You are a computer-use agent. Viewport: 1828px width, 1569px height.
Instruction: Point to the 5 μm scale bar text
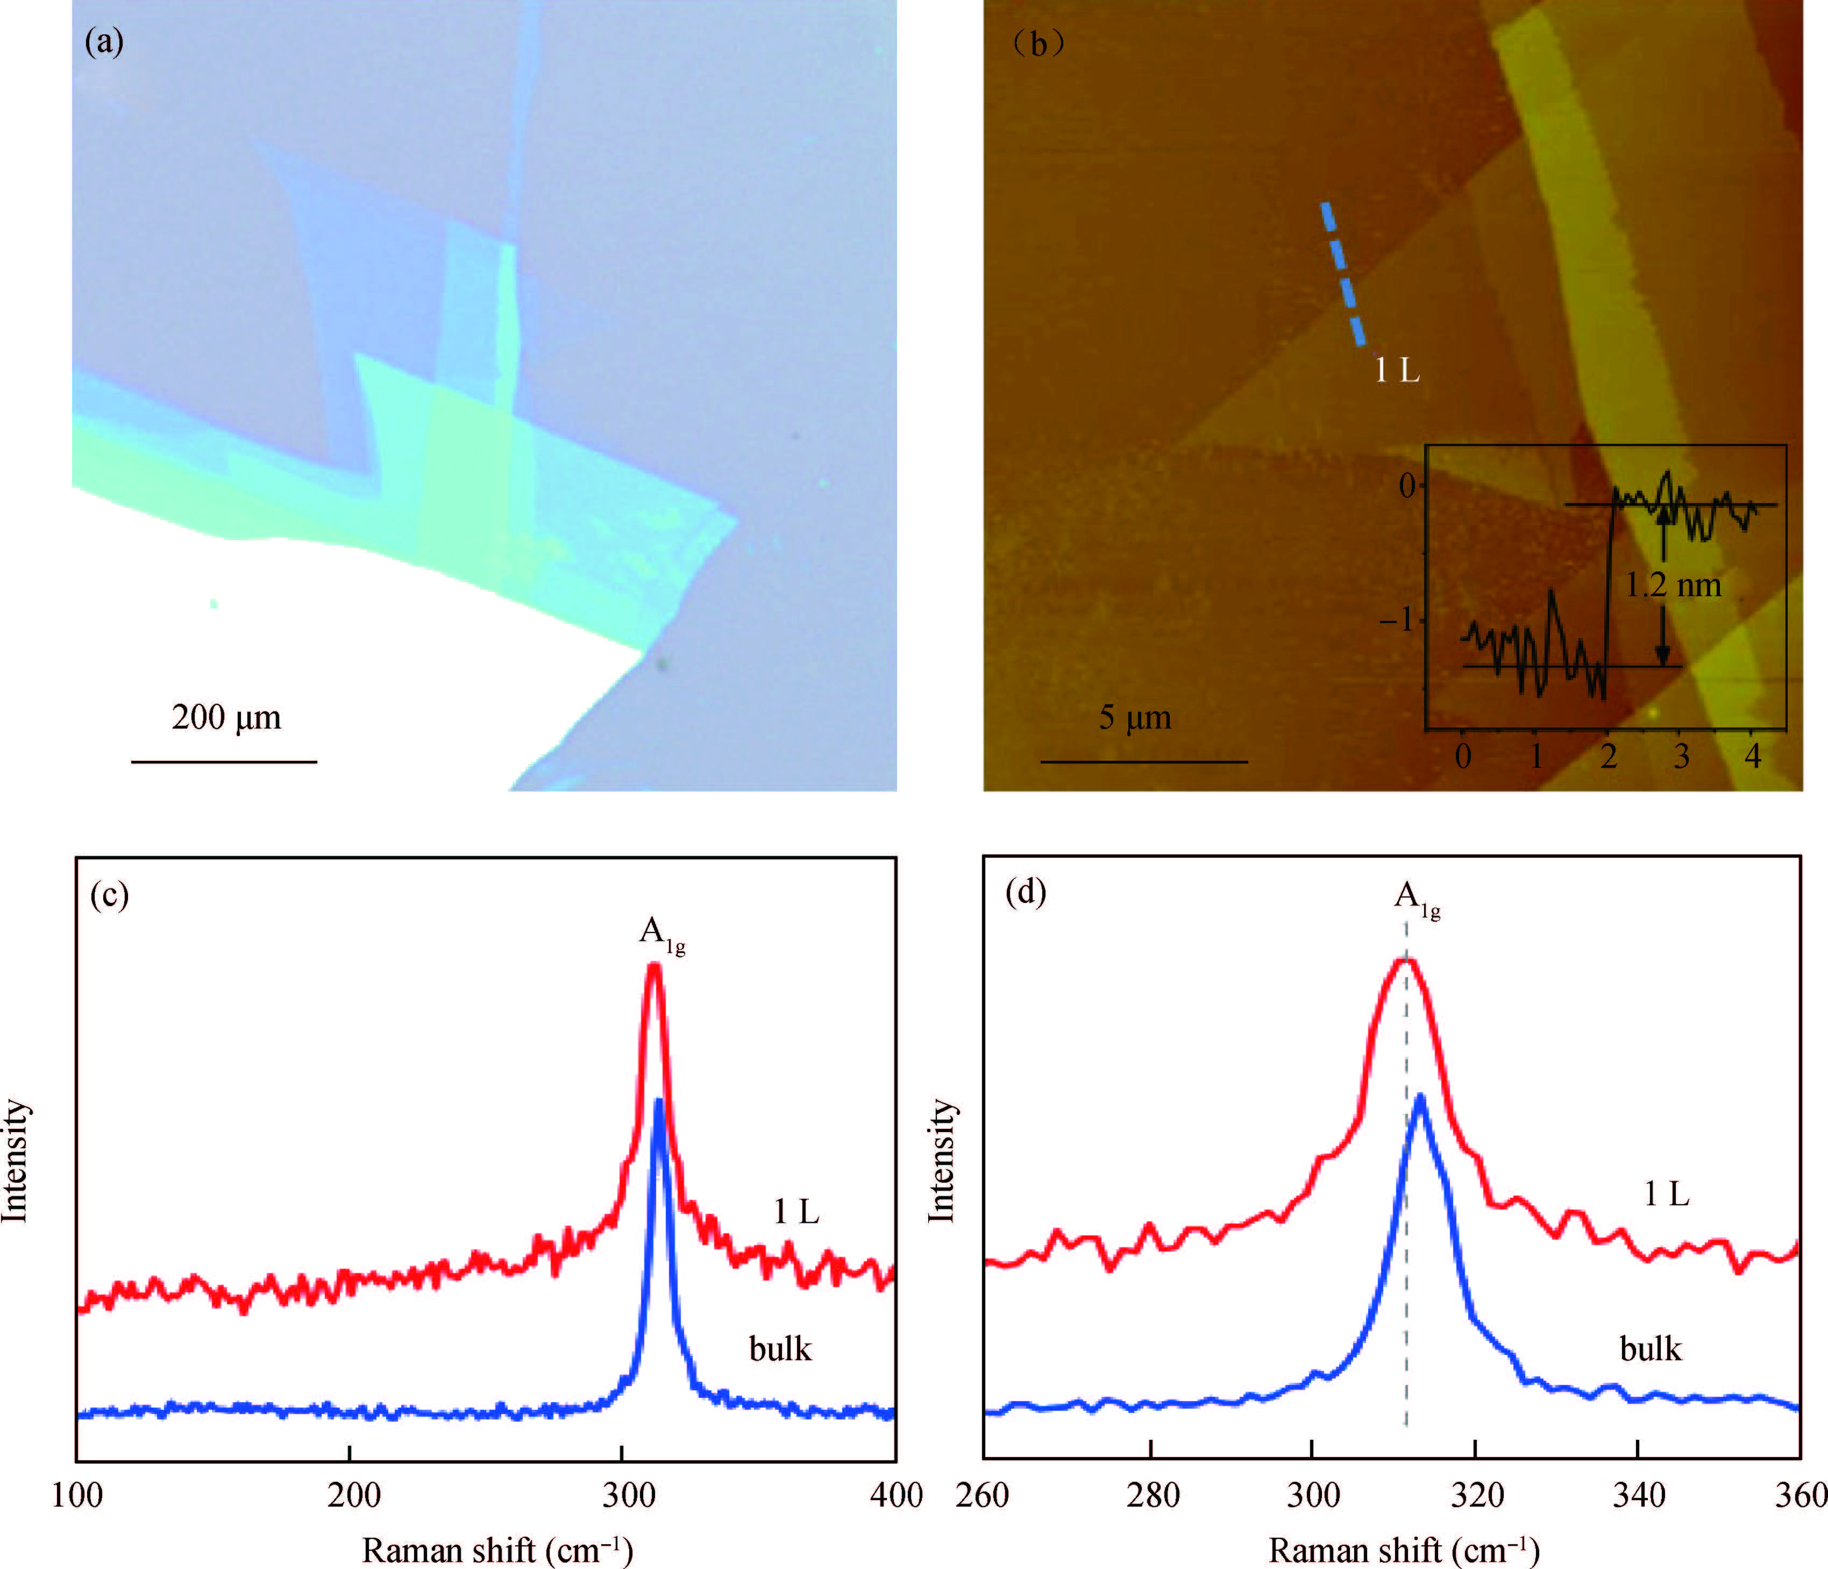pos(1135,717)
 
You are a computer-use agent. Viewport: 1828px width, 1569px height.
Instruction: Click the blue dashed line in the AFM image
pos(1343,273)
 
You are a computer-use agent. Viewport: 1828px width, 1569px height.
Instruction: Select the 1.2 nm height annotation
pos(1674,585)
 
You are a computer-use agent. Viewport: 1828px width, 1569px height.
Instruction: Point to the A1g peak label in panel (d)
pos(1417,899)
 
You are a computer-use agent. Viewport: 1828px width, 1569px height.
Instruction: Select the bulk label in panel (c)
pos(780,1349)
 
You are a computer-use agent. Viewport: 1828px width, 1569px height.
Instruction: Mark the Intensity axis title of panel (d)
pos(942,1161)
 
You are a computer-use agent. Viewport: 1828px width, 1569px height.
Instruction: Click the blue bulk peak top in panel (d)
pos(1419,1097)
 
